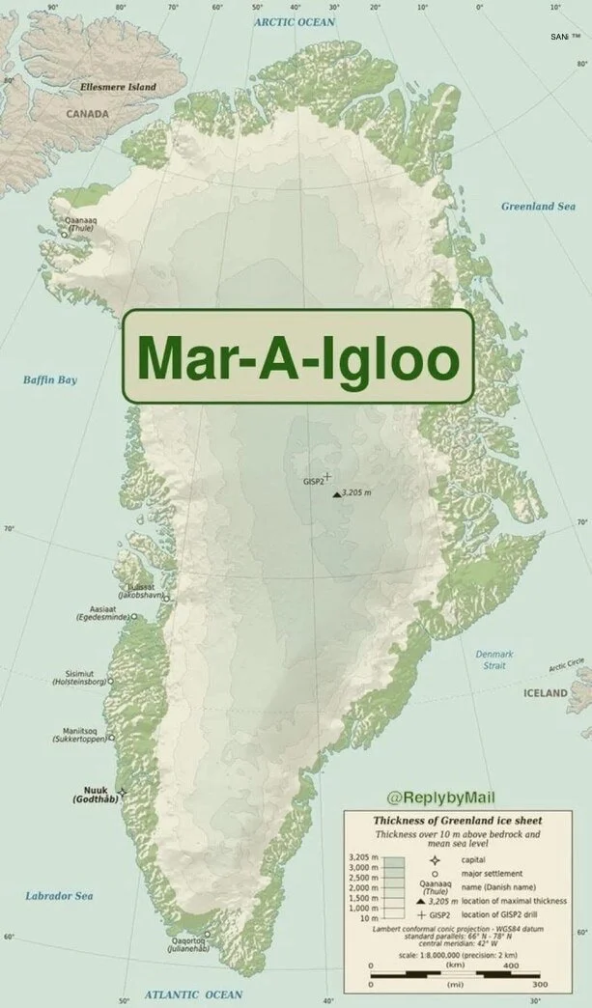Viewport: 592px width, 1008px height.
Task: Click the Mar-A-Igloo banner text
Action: [x=297, y=357]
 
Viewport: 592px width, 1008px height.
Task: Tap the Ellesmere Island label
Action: [x=118, y=87]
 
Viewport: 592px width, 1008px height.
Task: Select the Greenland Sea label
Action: [x=538, y=207]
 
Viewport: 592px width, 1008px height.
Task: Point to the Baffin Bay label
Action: [x=50, y=379]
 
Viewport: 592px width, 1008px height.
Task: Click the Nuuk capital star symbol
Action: [x=123, y=792]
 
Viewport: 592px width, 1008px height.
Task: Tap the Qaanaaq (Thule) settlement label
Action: [x=80, y=224]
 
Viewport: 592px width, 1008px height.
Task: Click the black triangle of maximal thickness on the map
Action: [x=336, y=494]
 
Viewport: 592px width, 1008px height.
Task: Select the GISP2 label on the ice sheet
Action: [x=313, y=480]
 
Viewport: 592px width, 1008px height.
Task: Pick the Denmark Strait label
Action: [x=494, y=659]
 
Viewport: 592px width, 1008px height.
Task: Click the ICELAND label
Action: [x=546, y=693]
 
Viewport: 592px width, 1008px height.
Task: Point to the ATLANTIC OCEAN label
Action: [x=194, y=994]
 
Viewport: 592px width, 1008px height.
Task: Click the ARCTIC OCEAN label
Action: [x=295, y=21]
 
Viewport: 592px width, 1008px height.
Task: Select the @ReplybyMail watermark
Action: [x=439, y=798]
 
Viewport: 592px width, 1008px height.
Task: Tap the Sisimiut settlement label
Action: [x=81, y=673]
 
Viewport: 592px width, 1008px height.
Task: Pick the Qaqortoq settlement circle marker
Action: [x=207, y=934]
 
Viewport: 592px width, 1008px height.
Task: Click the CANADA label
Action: [x=87, y=114]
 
